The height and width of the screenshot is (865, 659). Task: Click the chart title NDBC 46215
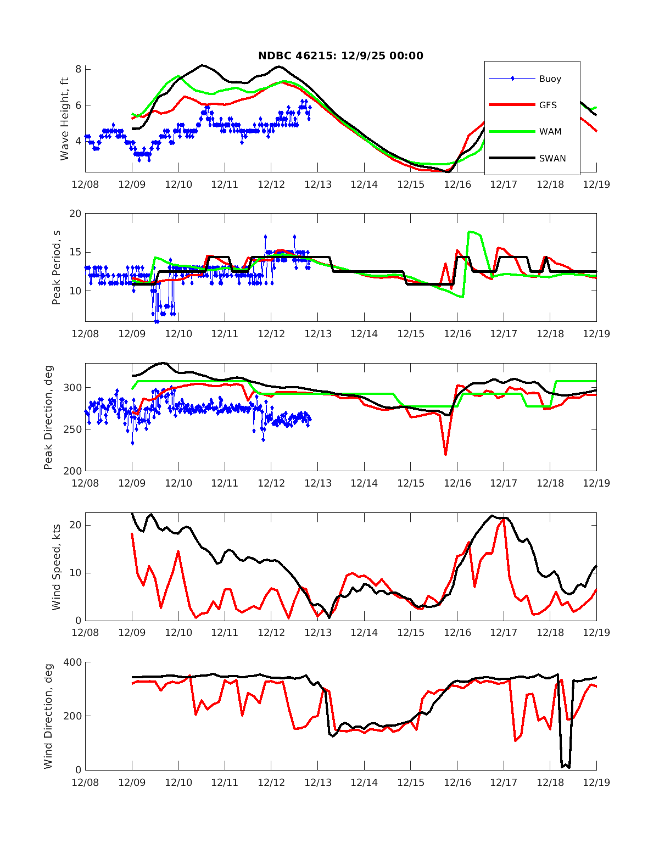[340, 55]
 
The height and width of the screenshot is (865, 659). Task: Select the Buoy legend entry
[550, 79]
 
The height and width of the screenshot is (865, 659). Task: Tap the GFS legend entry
[548, 105]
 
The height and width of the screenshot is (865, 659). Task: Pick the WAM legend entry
[550, 132]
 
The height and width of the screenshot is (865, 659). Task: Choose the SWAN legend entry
[552, 159]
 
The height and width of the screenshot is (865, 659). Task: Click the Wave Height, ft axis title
[65, 119]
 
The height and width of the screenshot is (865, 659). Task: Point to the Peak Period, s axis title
[56, 267]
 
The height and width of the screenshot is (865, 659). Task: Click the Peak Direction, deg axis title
[48, 417]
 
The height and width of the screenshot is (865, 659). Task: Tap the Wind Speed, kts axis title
[56, 567]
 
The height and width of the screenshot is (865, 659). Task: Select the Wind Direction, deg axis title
[48, 716]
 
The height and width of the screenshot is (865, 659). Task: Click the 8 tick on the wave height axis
[79, 69]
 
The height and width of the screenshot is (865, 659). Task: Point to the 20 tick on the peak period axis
[75, 214]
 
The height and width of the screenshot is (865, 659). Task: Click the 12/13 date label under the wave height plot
[318, 185]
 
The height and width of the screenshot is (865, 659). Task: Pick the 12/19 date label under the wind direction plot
[596, 782]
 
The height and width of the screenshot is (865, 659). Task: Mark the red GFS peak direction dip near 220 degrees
[445, 454]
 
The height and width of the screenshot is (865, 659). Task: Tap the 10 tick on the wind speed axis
[75, 573]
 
